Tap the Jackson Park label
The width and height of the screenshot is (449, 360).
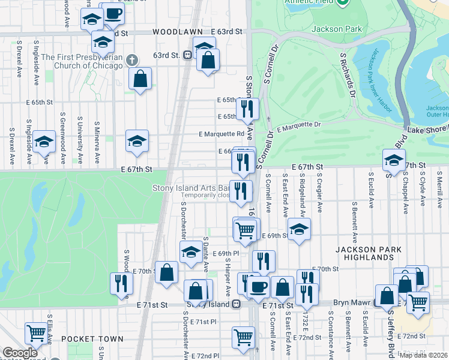coord(336,29)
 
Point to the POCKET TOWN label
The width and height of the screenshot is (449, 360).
coord(97,339)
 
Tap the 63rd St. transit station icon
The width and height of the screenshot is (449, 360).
coord(188,55)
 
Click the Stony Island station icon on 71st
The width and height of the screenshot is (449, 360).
coord(237,304)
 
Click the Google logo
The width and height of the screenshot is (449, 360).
coord(20,353)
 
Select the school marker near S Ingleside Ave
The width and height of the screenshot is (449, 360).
coord(44,143)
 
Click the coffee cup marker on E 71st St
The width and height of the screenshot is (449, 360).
coord(259,287)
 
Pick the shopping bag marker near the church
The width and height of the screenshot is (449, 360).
coord(140,79)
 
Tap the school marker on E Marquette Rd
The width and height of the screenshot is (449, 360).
coord(137,141)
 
